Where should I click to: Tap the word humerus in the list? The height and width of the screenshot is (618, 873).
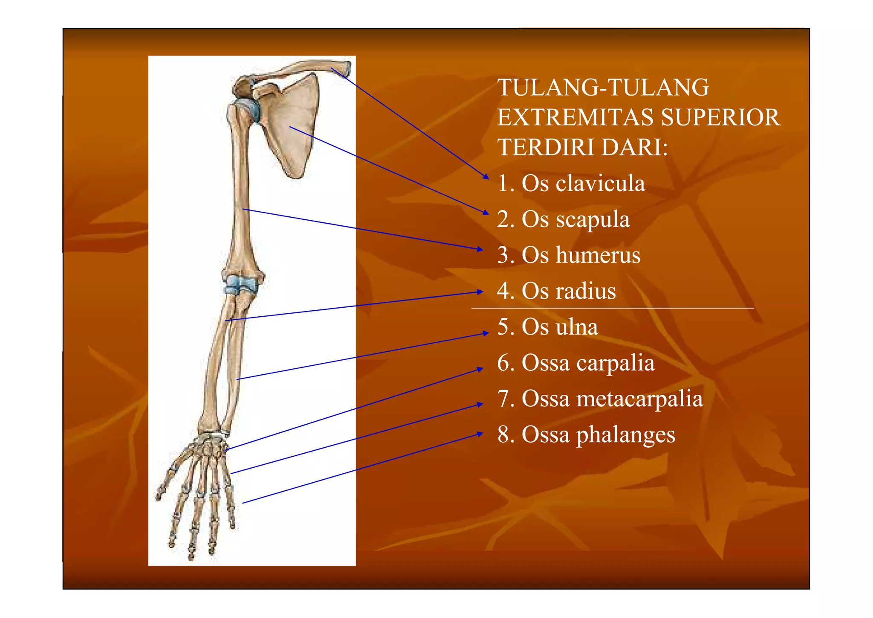[598, 255]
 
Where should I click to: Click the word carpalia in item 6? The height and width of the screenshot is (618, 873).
[615, 364]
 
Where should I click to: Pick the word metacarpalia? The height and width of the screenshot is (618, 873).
[639, 399]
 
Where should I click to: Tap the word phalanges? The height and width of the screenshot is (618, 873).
[626, 435]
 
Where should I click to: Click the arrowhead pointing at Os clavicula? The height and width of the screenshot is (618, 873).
[486, 176]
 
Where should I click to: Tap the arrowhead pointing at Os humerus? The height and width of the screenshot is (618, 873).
[480, 249]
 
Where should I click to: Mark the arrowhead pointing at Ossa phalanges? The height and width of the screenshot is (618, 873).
[480, 434]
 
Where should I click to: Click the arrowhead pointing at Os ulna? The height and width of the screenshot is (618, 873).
[486, 333]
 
